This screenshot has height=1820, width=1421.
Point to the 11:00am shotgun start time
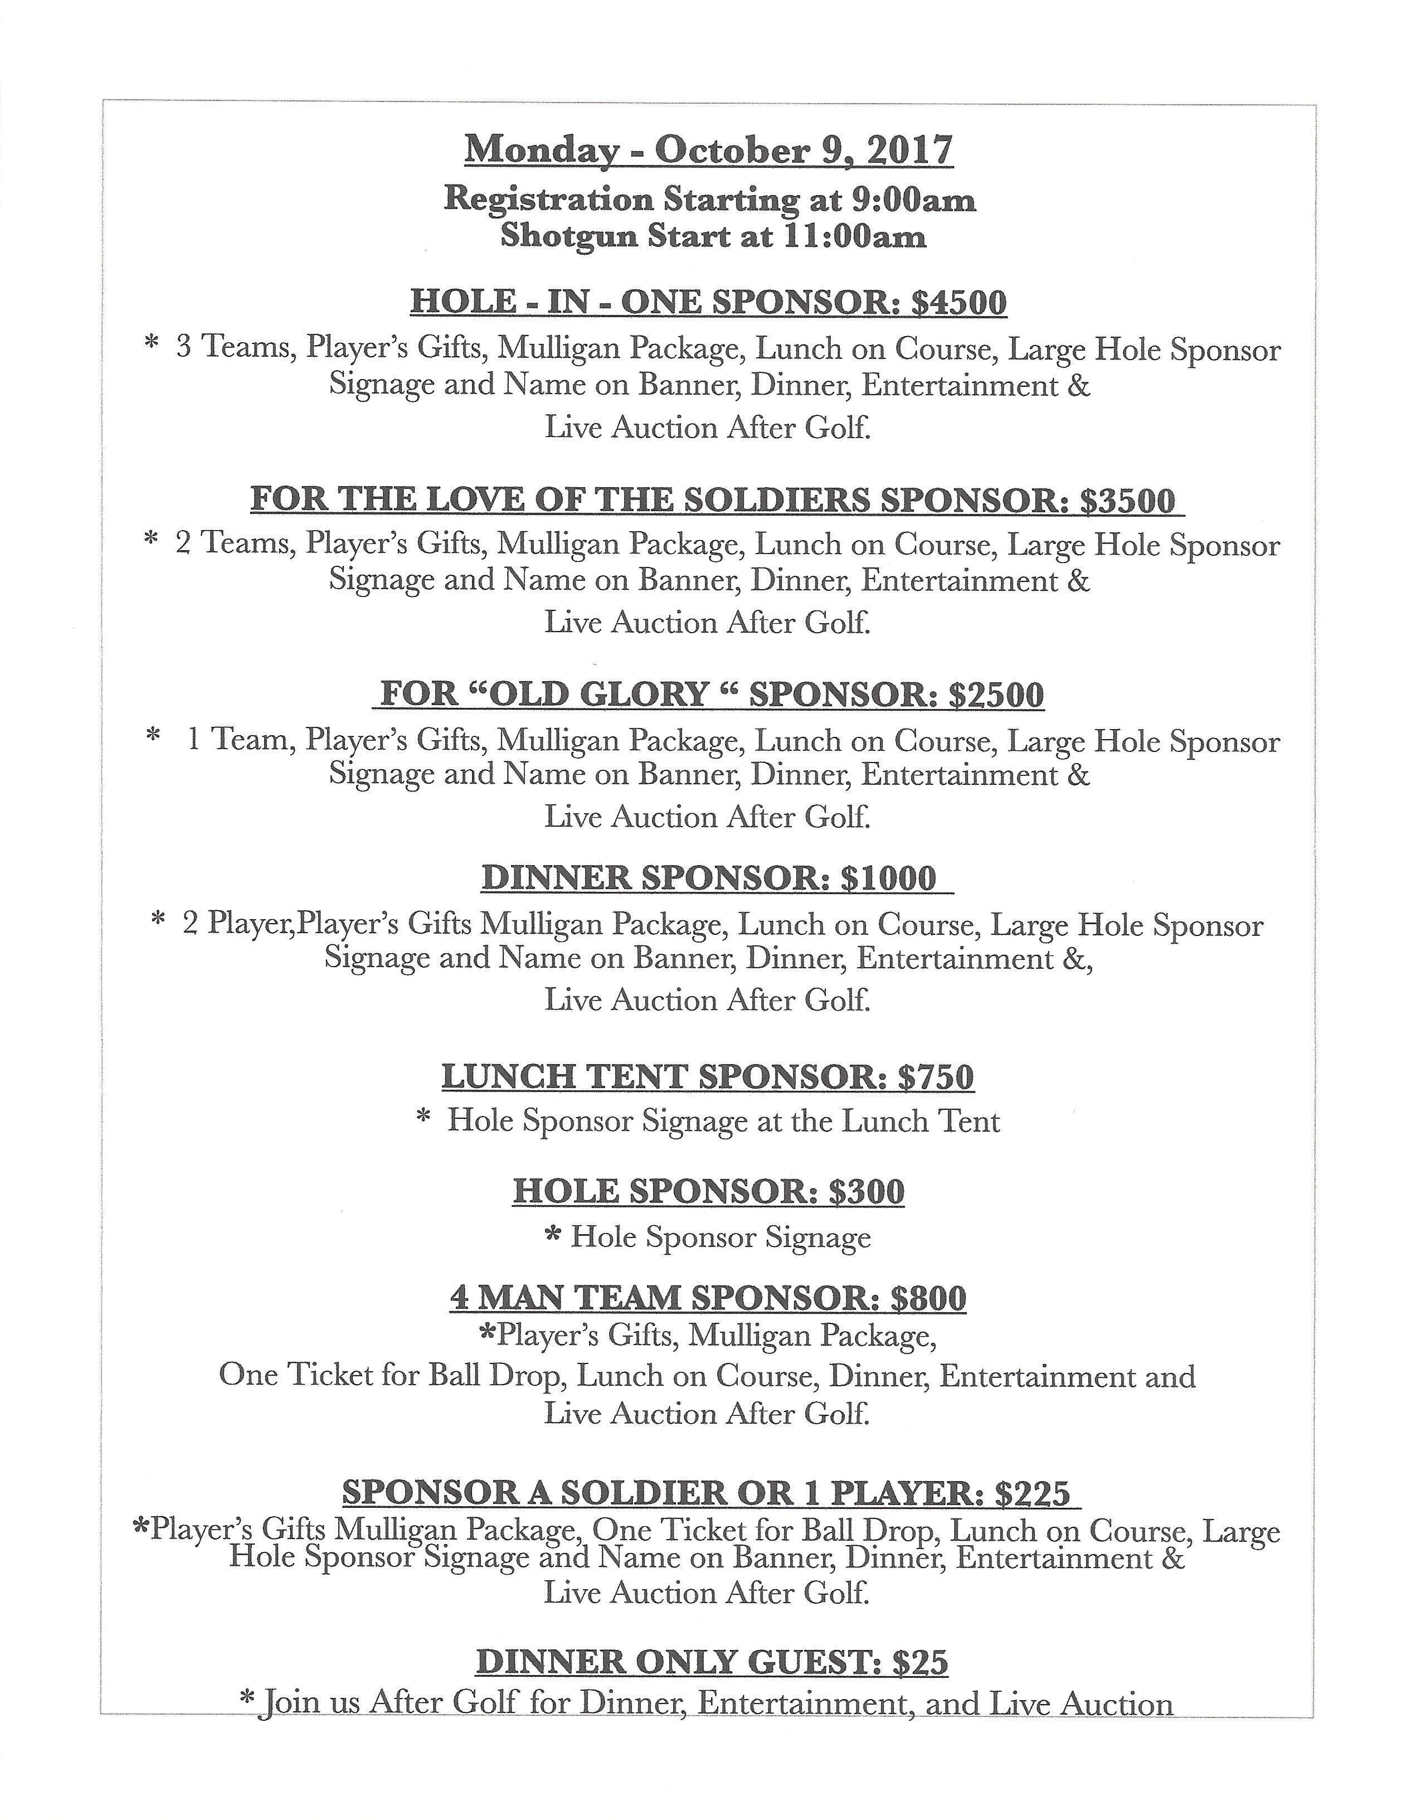click(854, 237)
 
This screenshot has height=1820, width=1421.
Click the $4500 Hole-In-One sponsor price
click(958, 302)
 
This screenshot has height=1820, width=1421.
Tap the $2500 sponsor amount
click(995, 694)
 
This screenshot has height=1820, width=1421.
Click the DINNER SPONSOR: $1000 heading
click(708, 877)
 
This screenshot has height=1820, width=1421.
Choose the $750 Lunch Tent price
click(935, 1076)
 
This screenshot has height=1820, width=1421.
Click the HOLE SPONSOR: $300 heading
click(708, 1191)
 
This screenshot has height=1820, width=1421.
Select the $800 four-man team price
click(928, 1298)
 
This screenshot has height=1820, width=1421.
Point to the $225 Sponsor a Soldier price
click(1032, 1492)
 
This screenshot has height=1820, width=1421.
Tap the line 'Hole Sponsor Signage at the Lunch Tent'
click(723, 1122)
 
